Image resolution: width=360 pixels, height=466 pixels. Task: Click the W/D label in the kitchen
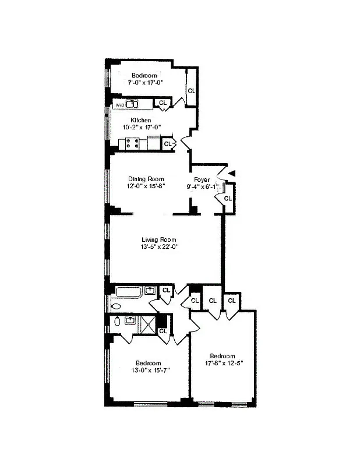coord(119,105)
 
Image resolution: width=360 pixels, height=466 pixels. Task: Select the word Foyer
coord(202,179)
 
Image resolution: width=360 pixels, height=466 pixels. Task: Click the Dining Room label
coord(146,179)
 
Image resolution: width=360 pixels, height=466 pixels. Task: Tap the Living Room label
coord(159,239)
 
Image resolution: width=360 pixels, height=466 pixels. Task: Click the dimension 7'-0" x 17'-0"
coord(146,83)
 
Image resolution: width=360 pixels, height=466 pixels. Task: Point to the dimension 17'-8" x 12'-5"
coord(222,364)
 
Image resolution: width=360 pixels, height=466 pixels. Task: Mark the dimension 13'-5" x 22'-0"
coord(159,247)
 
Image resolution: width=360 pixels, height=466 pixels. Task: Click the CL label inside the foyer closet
coord(228,199)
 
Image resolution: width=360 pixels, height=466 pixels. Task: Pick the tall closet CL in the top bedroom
coord(191,91)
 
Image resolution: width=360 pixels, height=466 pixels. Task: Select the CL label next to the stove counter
coord(168,143)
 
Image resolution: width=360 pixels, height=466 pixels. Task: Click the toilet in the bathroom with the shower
coord(117,321)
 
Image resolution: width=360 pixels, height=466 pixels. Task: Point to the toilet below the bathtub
coord(116,306)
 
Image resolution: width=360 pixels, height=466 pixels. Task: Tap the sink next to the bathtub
coord(150,290)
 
